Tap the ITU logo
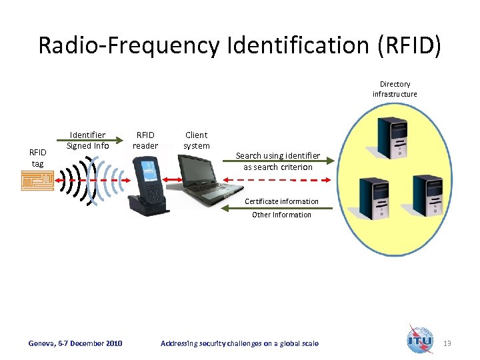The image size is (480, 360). point(420,340)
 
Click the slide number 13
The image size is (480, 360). point(447,343)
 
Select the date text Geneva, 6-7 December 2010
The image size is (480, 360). point(75,343)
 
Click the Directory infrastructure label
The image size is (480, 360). point(395,89)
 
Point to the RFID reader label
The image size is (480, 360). point(145,141)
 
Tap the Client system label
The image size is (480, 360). point(197,141)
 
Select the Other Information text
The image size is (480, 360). point(281,215)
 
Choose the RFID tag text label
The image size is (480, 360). point(37,159)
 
